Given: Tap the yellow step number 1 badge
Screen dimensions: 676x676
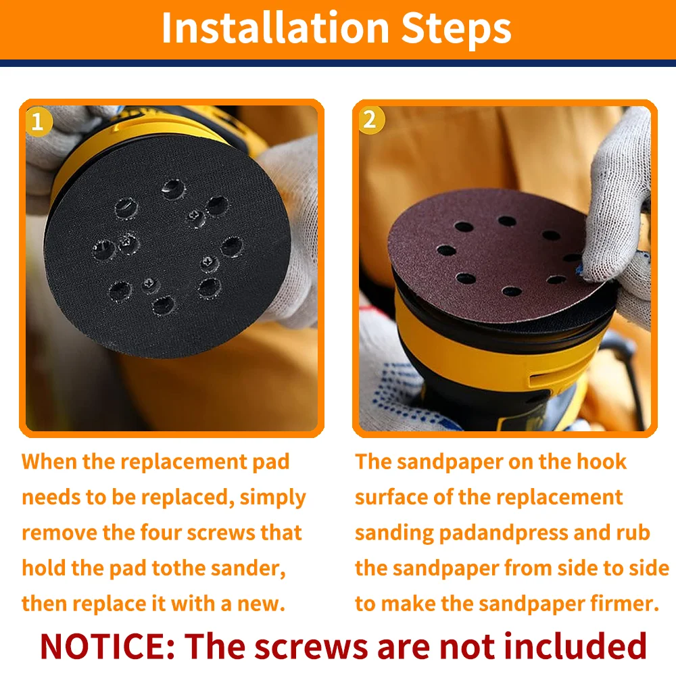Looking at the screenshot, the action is (38, 122).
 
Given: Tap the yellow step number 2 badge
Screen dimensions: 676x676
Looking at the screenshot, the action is (370, 120).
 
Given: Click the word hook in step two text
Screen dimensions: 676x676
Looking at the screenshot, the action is (602, 461).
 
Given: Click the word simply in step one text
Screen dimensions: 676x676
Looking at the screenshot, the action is (273, 498).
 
